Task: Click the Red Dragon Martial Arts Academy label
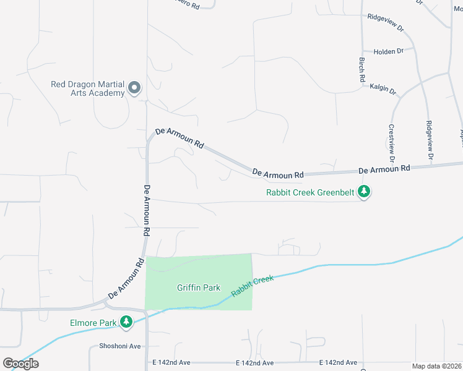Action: pyautogui.click(x=88, y=88)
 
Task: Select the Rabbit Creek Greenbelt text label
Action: pyautogui.click(x=310, y=192)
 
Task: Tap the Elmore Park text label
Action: pyautogui.click(x=93, y=322)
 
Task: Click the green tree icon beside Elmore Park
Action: pyautogui.click(x=126, y=322)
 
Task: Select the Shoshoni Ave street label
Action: pyautogui.click(x=120, y=346)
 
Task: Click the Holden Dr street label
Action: pyautogui.click(x=389, y=51)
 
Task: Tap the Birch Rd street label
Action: pyautogui.click(x=362, y=70)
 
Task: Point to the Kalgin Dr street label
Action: pyautogui.click(x=383, y=90)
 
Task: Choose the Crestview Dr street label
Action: pyautogui.click(x=391, y=139)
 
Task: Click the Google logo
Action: pyautogui.click(x=20, y=364)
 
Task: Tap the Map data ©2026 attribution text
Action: pyautogui.click(x=436, y=366)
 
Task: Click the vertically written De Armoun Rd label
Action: pyautogui.click(x=147, y=211)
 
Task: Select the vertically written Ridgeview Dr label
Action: pyautogui.click(x=430, y=137)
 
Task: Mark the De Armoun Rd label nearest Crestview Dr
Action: pyautogui.click(x=384, y=169)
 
